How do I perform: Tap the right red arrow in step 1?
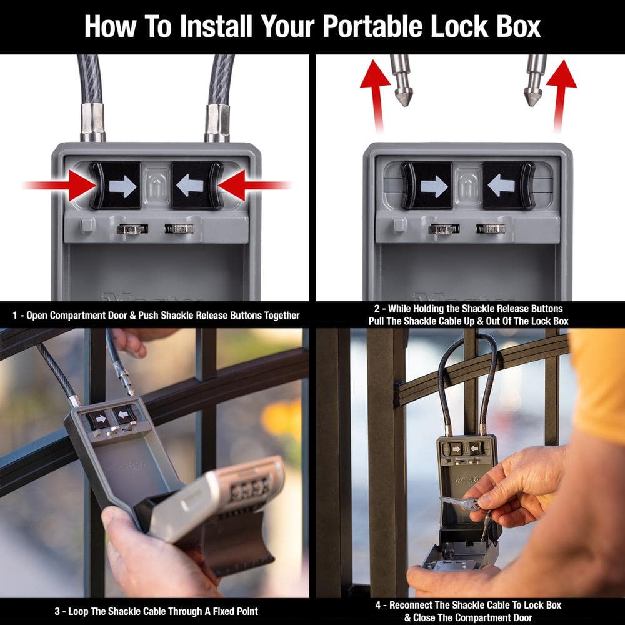(x=252, y=186)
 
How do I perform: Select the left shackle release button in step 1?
(x=116, y=186)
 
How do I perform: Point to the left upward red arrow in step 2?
(x=376, y=91)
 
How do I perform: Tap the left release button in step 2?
(x=427, y=186)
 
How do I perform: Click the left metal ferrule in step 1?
(x=92, y=121)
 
